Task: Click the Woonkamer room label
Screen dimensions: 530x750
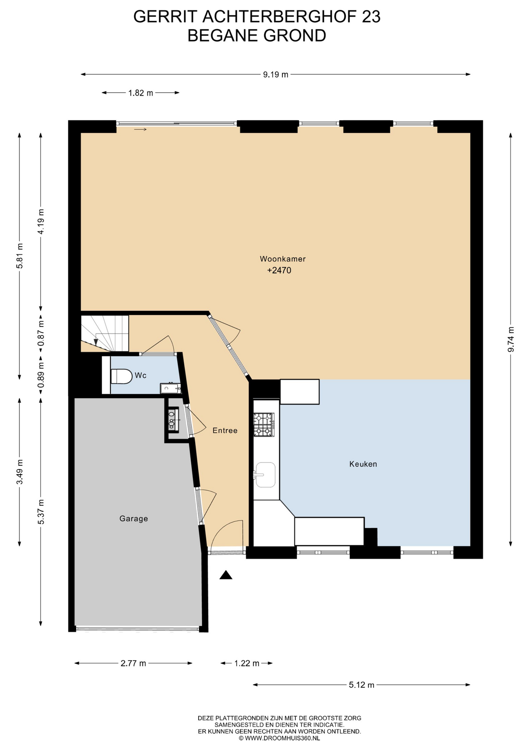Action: coord(283,259)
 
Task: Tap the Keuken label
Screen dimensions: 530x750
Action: coord(363,464)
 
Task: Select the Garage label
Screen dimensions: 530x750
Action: coord(133,519)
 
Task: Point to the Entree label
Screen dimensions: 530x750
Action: coord(225,430)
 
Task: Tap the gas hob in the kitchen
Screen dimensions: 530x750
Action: coord(264,425)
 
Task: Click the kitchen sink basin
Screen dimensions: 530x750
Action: coord(265,475)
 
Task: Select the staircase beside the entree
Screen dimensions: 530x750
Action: coord(105,333)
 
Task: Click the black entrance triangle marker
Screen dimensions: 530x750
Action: coord(226,575)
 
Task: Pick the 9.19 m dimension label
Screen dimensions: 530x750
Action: coord(276,75)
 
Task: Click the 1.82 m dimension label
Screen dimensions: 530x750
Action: coord(141,93)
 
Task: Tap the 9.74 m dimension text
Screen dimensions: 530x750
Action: coord(510,339)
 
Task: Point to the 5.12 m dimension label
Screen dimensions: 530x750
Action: coord(361,685)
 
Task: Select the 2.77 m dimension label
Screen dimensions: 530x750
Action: coord(133,663)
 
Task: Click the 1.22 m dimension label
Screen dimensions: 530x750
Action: coord(247,663)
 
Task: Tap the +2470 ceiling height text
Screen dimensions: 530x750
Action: coord(279,270)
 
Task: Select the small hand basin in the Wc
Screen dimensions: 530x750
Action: coord(171,388)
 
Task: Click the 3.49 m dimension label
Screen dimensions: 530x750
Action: coord(20,472)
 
